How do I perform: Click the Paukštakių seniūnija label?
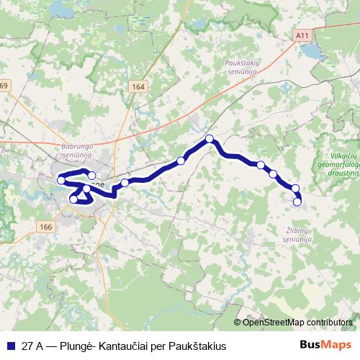point(242,67)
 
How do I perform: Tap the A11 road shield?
point(301,35)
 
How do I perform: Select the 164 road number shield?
point(138,86)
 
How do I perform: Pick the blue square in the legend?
point(9,346)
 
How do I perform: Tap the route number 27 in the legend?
point(27,346)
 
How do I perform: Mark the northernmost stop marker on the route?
point(210,138)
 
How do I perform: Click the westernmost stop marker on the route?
point(61,179)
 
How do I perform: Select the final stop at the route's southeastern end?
point(297,202)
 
